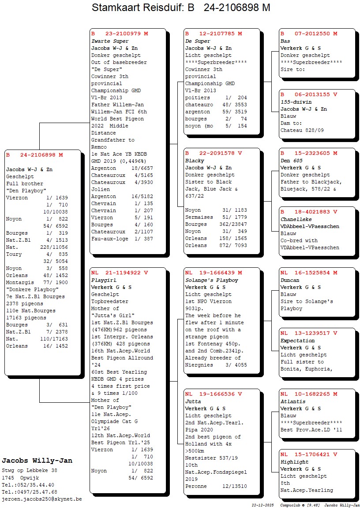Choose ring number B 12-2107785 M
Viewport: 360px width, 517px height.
[214, 34]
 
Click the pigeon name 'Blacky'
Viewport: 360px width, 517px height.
[194, 161]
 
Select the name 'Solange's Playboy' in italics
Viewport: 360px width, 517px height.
[211, 280]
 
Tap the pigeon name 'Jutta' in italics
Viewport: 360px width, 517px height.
[193, 401]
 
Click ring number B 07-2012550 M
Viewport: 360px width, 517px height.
[309, 34]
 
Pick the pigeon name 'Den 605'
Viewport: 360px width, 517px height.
[292, 161]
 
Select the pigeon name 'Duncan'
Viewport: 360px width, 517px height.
[290, 280]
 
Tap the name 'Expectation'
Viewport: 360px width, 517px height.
[298, 341]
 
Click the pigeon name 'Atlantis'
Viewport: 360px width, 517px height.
[293, 401]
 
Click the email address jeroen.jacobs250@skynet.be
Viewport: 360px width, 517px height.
[42, 499]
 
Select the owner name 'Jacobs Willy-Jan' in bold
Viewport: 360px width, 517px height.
[37, 461]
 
